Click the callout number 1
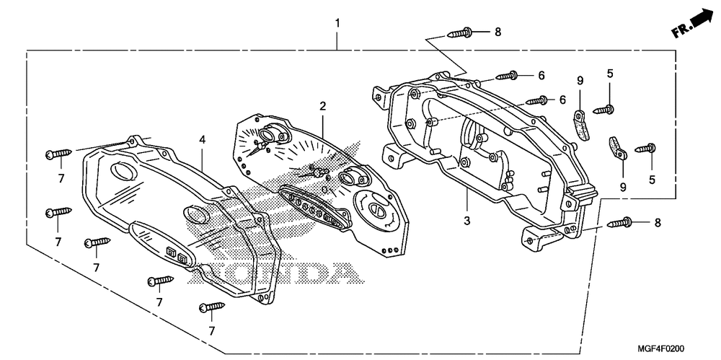[337, 24]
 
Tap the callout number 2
[323, 106]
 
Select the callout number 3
[466, 220]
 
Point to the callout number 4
[203, 139]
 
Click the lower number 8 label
[658, 223]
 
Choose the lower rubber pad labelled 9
[615, 149]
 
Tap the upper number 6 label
[540, 75]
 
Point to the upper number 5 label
[609, 73]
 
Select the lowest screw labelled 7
[212, 307]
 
